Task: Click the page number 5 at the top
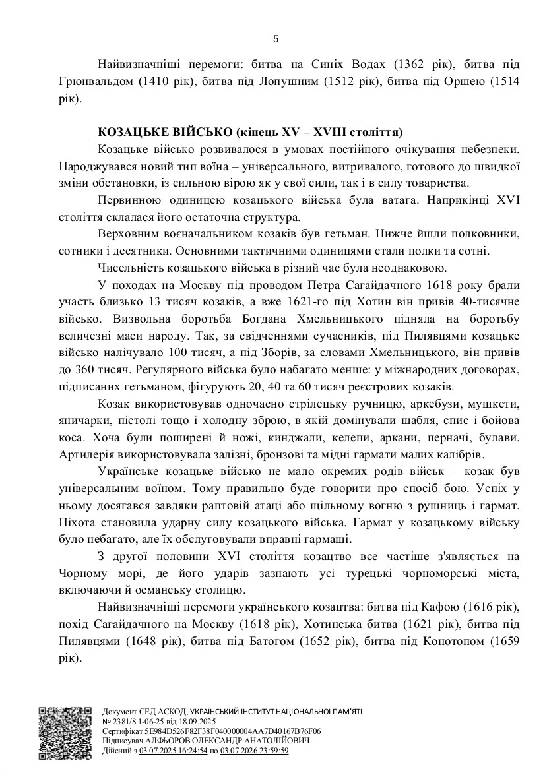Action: (275, 39)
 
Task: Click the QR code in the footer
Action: (64, 731)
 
